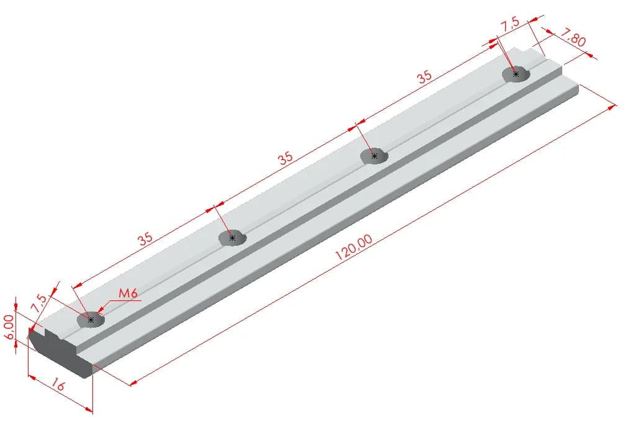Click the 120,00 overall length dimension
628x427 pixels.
coord(354,247)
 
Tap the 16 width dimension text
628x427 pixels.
coord(57,385)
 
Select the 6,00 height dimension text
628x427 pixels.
coord(9,327)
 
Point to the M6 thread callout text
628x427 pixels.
coord(128,294)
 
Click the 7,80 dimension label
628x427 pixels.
coord(573,38)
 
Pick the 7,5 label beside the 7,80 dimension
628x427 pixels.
coord(510,24)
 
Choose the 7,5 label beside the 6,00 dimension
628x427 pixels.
coord(39,303)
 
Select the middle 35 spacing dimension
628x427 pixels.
coord(285,158)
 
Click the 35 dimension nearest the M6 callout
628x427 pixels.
coord(145,239)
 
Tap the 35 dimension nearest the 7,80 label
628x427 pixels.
coord(424,76)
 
